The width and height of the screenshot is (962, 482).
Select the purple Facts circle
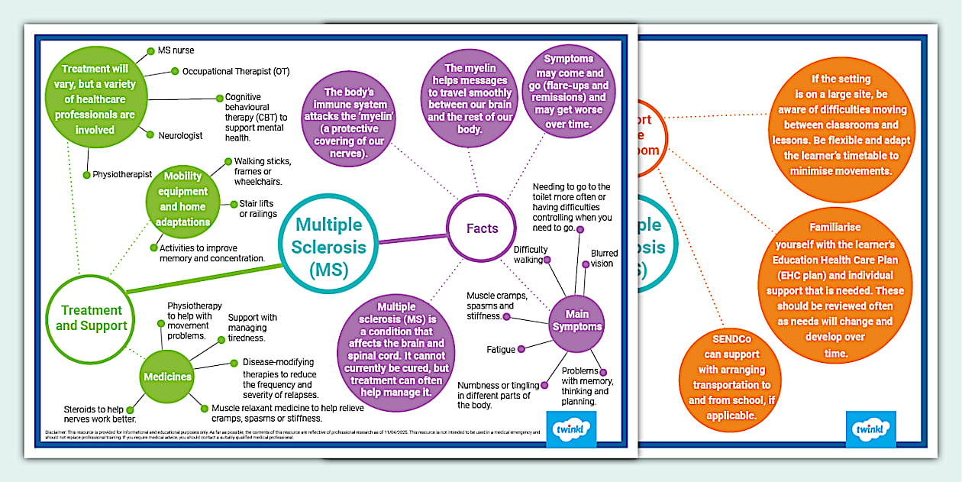482,228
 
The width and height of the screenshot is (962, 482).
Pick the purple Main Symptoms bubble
583,320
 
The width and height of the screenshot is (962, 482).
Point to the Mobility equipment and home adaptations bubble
184,199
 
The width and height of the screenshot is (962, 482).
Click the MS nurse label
176,50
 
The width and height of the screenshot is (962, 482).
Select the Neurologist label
180,135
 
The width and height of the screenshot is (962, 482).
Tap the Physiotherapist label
122,174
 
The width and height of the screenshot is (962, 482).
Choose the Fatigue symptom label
501,350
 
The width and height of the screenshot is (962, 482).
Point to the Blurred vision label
603,258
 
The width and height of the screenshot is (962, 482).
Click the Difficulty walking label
530,254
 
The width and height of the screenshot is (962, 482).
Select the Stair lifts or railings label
257,209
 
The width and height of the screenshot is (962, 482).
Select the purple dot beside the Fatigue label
521,350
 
